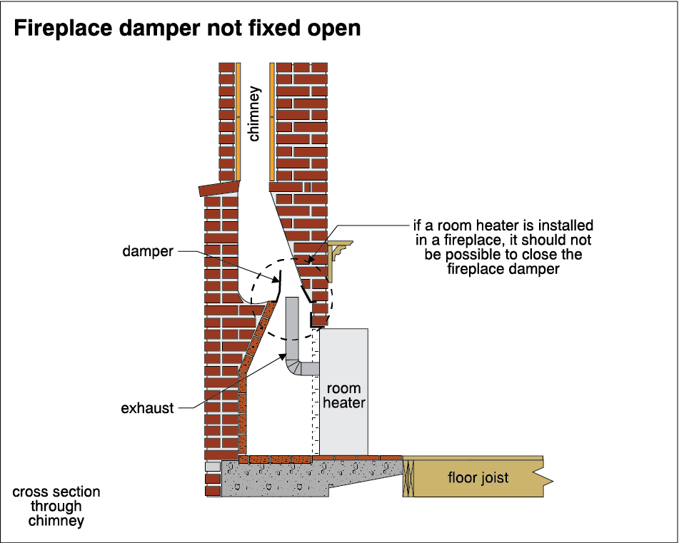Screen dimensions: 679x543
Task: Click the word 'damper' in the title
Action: click(x=159, y=29)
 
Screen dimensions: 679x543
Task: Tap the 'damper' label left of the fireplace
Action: click(x=148, y=251)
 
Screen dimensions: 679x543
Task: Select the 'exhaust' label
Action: click(x=147, y=408)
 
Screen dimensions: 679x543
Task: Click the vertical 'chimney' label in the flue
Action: click(x=254, y=113)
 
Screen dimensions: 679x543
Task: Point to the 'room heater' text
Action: click(x=344, y=395)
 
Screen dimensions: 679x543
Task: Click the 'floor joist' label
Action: click(x=478, y=477)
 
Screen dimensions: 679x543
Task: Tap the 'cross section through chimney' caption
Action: click(x=56, y=506)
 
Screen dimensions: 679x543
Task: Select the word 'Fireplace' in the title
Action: click(x=63, y=29)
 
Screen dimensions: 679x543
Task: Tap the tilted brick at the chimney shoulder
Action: click(x=218, y=188)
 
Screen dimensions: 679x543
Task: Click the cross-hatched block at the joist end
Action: click(x=408, y=478)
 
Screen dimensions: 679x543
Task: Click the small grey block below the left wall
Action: click(x=213, y=467)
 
